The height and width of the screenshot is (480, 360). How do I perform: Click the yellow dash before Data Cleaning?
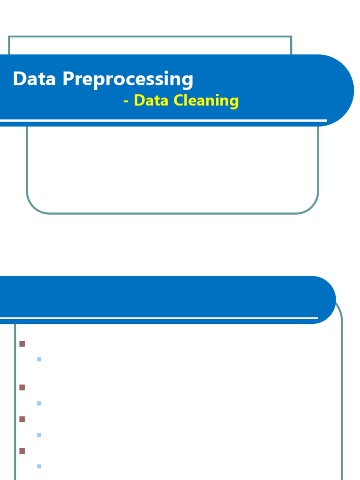tap(126, 101)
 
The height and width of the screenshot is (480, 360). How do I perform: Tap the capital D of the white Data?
tap(19, 79)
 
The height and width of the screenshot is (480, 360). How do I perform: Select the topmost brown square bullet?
tap(22, 344)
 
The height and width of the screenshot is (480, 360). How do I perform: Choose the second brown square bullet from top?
tap(22, 388)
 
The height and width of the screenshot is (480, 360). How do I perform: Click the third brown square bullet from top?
tap(22, 419)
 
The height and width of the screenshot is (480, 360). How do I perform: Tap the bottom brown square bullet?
tap(22, 450)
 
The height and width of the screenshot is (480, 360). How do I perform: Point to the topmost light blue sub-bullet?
tap(39, 360)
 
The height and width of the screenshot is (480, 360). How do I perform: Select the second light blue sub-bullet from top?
tap(39, 403)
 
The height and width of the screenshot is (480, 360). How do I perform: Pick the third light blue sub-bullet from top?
tap(39, 435)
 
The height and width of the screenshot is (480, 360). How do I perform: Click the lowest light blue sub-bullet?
tap(39, 466)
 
